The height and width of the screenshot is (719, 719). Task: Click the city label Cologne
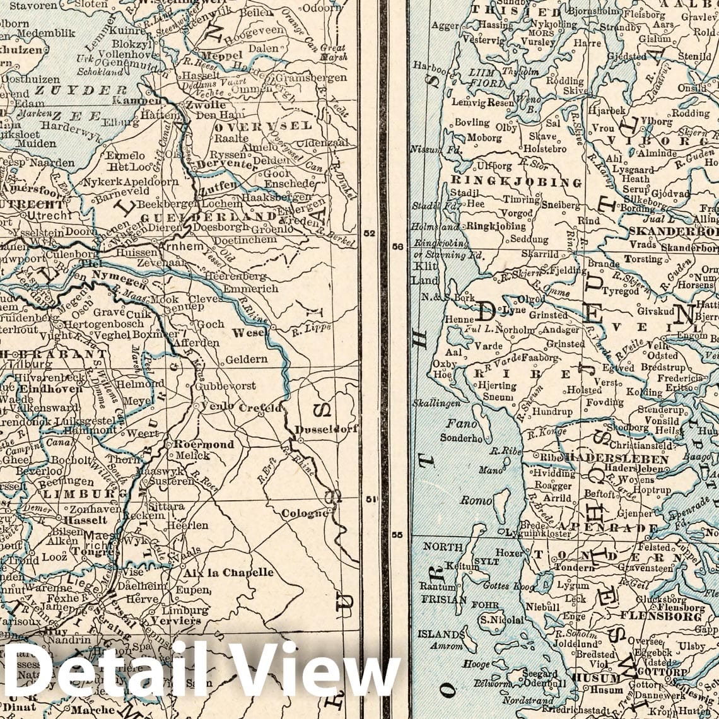pos(305,513)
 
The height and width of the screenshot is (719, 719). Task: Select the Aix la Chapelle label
pos(228,573)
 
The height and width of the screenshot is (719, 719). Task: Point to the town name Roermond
pos(204,444)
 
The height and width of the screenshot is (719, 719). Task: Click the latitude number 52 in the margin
pos(370,233)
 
